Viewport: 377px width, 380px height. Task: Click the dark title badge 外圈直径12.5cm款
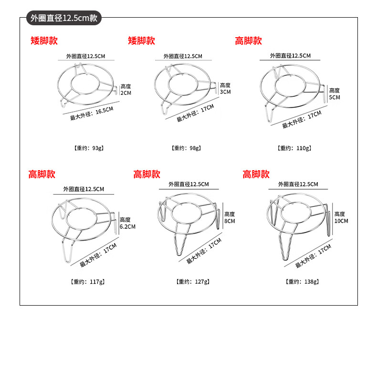[64, 18]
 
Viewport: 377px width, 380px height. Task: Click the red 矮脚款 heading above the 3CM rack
[141, 41]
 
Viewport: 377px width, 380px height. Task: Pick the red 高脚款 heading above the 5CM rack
[249, 41]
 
